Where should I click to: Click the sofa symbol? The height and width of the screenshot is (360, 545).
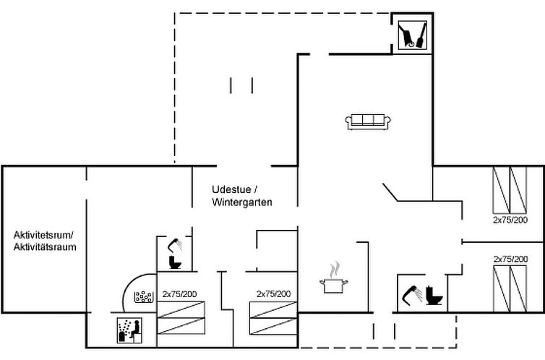click(369, 121)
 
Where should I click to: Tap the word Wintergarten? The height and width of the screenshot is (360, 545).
click(242, 203)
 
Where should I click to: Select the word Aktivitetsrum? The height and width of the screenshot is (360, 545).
click(43, 235)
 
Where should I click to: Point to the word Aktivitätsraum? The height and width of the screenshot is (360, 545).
click(45, 247)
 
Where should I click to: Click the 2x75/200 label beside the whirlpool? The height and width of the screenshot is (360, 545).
click(179, 294)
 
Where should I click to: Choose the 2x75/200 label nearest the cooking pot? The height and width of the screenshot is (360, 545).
click(273, 294)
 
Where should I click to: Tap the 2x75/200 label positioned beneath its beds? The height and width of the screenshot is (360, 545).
click(510, 219)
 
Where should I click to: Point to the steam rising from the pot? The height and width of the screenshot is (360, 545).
click(332, 269)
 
